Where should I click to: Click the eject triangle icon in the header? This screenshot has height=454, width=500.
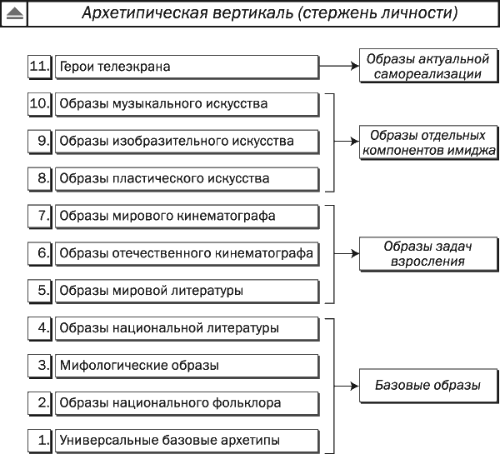(15, 13)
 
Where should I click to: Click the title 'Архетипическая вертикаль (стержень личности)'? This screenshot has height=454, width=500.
(270, 13)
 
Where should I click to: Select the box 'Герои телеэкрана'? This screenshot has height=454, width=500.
(187, 67)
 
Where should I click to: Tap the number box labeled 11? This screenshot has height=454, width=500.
(39, 67)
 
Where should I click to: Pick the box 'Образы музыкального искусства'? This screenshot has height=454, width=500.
(187, 104)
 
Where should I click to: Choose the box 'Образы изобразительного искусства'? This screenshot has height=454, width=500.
(187, 142)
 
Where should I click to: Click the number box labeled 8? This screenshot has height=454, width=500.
(39, 179)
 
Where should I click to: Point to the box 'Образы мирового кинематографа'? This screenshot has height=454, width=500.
(187, 217)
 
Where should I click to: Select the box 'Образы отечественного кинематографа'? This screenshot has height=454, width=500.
(187, 254)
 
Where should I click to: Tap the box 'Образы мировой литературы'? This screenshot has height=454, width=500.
(187, 291)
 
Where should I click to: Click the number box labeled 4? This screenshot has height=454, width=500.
(39, 328)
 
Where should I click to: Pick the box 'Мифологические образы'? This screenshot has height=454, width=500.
(187, 366)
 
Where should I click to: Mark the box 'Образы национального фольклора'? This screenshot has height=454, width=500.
(187, 403)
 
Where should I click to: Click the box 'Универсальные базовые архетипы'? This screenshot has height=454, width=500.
(187, 441)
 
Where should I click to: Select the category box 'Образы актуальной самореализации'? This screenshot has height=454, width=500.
(428, 66)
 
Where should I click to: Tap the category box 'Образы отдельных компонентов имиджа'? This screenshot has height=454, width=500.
(428, 142)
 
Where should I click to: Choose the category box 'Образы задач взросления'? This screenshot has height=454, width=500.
(428, 254)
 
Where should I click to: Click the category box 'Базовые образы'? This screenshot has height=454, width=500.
(428, 386)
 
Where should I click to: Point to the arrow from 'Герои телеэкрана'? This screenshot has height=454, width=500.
(339, 66)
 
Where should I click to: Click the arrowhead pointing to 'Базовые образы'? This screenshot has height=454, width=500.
(355, 386)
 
